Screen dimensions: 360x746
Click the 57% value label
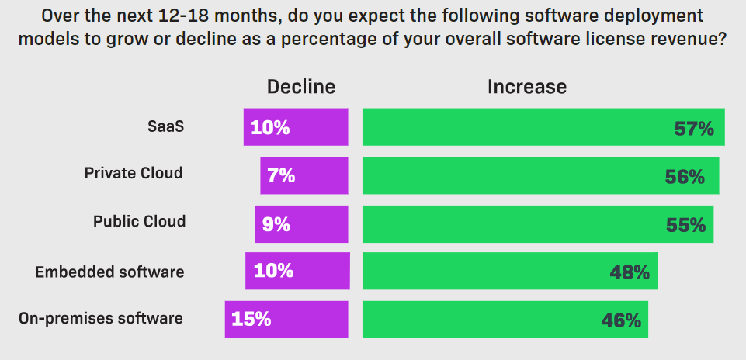(x=693, y=129)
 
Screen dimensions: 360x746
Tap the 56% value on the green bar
(x=685, y=177)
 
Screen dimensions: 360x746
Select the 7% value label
(x=281, y=175)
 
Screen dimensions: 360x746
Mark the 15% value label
(x=251, y=319)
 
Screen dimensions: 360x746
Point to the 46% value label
(x=621, y=320)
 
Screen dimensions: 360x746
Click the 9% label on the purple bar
(x=276, y=224)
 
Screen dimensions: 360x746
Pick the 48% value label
(x=629, y=272)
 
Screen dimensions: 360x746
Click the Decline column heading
(x=301, y=87)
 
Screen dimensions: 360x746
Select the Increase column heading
(x=527, y=87)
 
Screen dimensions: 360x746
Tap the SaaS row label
(x=166, y=126)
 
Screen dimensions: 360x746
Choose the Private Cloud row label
(x=134, y=173)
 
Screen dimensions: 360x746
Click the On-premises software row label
(x=101, y=318)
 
